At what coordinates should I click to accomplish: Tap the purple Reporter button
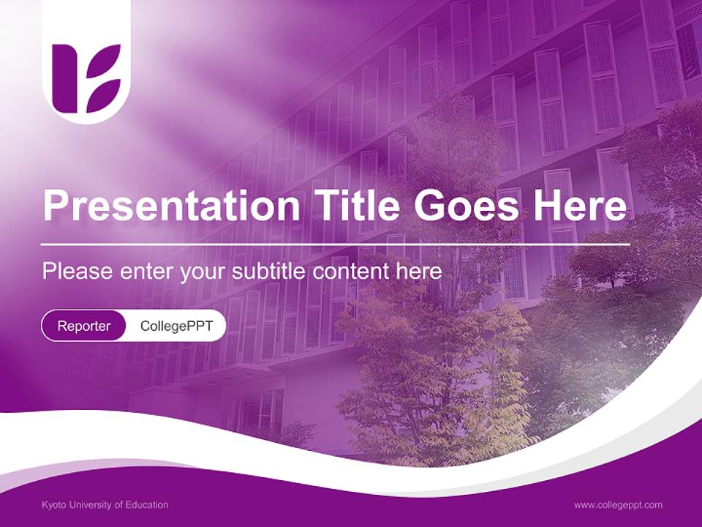tap(84, 326)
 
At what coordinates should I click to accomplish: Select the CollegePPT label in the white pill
tap(176, 326)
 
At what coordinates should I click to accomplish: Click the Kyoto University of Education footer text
tap(105, 505)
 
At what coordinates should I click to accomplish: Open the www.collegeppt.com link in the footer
tap(618, 505)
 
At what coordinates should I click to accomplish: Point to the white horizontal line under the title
tap(336, 244)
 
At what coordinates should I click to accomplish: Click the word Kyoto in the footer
tap(54, 505)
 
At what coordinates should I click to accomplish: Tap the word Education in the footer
tap(148, 505)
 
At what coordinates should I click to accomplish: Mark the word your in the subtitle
tap(205, 272)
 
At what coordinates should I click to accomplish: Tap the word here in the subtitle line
tap(420, 272)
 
